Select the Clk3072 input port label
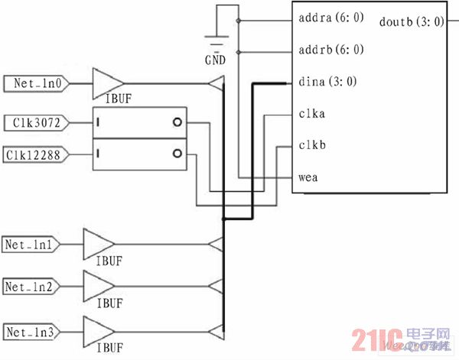click(x=35, y=122)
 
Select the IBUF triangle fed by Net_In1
click(x=96, y=245)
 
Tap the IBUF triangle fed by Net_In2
click(x=96, y=287)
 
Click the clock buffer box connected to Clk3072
click(x=140, y=122)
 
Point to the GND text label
click(x=216, y=60)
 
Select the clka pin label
click(x=311, y=114)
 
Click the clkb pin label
click(x=311, y=145)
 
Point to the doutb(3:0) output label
click(x=412, y=21)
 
